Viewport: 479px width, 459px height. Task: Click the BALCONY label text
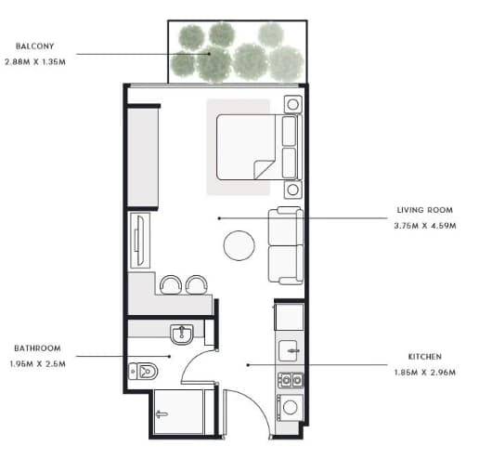(x=34, y=46)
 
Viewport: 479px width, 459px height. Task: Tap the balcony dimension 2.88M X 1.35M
(x=35, y=62)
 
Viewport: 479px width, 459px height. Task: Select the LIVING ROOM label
(x=424, y=210)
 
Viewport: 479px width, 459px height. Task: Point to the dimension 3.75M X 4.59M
(x=425, y=226)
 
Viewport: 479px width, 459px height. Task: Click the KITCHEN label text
(x=424, y=357)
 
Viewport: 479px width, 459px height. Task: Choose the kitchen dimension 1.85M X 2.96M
(x=424, y=373)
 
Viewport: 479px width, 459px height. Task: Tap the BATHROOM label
(x=37, y=348)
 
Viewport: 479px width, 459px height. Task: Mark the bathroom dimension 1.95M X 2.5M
(x=37, y=364)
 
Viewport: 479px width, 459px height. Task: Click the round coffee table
(x=239, y=245)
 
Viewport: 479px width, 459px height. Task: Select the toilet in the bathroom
(x=143, y=371)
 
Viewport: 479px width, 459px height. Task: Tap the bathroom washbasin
(x=182, y=334)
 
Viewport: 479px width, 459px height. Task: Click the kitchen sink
(x=289, y=350)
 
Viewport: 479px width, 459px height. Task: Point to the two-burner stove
(x=291, y=380)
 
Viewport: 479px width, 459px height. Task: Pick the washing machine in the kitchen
(x=290, y=407)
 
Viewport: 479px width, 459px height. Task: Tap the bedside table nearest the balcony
(x=292, y=104)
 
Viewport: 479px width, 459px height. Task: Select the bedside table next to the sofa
(x=292, y=190)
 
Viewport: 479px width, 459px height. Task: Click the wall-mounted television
(x=140, y=241)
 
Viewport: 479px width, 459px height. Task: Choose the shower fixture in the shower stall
(x=162, y=414)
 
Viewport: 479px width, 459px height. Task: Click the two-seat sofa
(x=285, y=245)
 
